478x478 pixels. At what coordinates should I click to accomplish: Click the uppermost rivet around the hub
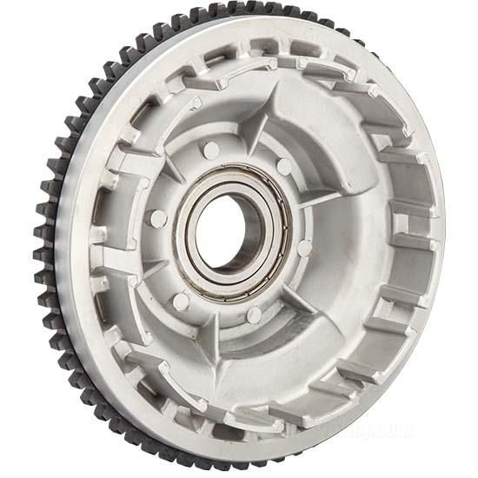(211, 150)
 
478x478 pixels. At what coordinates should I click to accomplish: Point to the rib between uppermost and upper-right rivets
(253, 139)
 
